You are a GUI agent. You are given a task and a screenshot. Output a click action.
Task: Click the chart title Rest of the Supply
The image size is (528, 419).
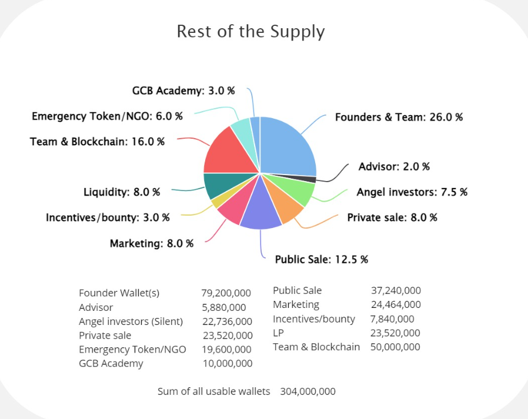[250, 31]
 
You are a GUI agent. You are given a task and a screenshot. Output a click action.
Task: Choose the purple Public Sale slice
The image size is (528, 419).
[260, 214]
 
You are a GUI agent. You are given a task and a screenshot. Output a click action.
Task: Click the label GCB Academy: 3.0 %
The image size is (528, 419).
[183, 91]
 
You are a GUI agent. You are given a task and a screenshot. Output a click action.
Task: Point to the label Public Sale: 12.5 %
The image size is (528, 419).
[321, 260]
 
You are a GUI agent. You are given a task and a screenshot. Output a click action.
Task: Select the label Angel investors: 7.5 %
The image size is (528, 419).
[412, 192]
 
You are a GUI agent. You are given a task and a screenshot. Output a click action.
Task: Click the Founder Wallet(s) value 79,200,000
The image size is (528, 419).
[226, 293]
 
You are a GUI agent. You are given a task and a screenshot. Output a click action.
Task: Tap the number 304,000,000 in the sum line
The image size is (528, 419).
[308, 391]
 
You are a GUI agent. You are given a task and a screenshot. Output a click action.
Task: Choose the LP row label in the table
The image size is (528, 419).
[279, 333]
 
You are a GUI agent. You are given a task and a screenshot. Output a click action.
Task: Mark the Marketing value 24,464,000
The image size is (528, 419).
[395, 304]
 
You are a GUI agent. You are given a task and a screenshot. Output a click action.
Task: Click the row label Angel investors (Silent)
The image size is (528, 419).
[131, 321]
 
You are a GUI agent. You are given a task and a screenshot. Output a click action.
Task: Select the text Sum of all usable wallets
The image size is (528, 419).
[213, 391]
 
